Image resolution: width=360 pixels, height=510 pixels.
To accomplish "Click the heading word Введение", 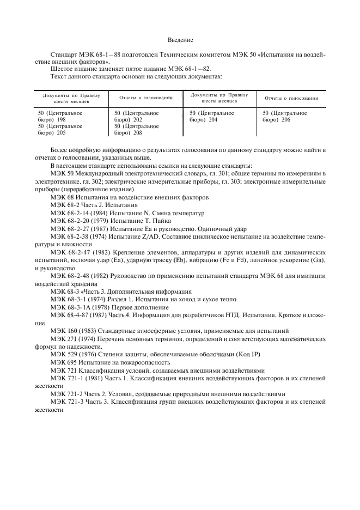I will pos(180,40).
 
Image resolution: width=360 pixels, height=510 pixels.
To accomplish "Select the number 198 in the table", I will pos(61,119).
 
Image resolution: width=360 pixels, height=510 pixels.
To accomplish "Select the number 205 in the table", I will pos(61,132).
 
